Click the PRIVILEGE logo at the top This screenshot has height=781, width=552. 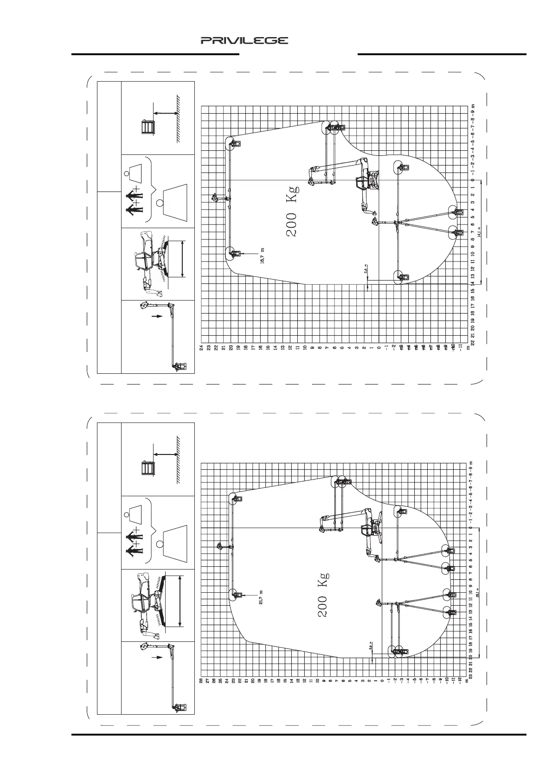coord(244,41)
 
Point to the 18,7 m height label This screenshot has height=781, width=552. coord(262,256)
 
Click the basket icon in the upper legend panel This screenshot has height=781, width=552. coord(147,127)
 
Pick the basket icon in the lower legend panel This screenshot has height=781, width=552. coord(147,468)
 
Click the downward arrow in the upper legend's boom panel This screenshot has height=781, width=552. coord(158,316)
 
